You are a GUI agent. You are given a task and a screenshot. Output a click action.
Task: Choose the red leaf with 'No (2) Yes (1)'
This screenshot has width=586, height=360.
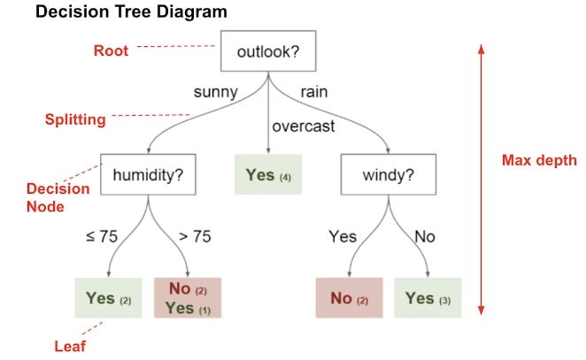point(188,298)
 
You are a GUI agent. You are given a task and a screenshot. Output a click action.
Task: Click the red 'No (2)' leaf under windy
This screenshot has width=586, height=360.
point(349,298)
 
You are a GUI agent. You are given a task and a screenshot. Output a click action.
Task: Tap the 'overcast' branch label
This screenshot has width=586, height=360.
point(304,126)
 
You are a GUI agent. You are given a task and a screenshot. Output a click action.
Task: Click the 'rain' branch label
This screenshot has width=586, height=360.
point(315,91)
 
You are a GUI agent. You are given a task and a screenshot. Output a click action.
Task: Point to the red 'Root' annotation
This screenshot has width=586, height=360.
point(111,50)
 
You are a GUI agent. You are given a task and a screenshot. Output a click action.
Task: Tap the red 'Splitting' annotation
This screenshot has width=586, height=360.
point(75,118)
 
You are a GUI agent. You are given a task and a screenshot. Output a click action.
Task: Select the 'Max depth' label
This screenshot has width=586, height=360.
point(538,161)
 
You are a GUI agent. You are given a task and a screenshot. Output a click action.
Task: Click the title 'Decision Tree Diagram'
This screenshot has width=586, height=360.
point(130,14)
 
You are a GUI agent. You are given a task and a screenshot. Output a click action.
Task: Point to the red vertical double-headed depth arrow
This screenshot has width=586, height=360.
point(481,177)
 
